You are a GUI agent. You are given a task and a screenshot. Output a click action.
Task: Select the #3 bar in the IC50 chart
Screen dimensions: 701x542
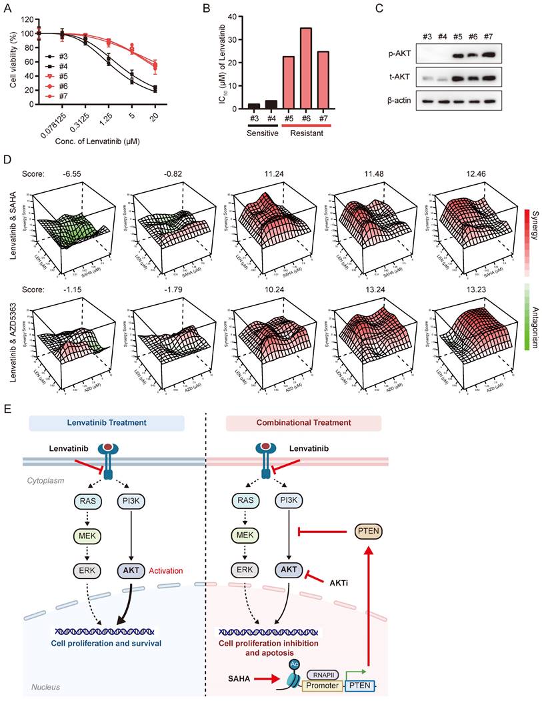(254, 105)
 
